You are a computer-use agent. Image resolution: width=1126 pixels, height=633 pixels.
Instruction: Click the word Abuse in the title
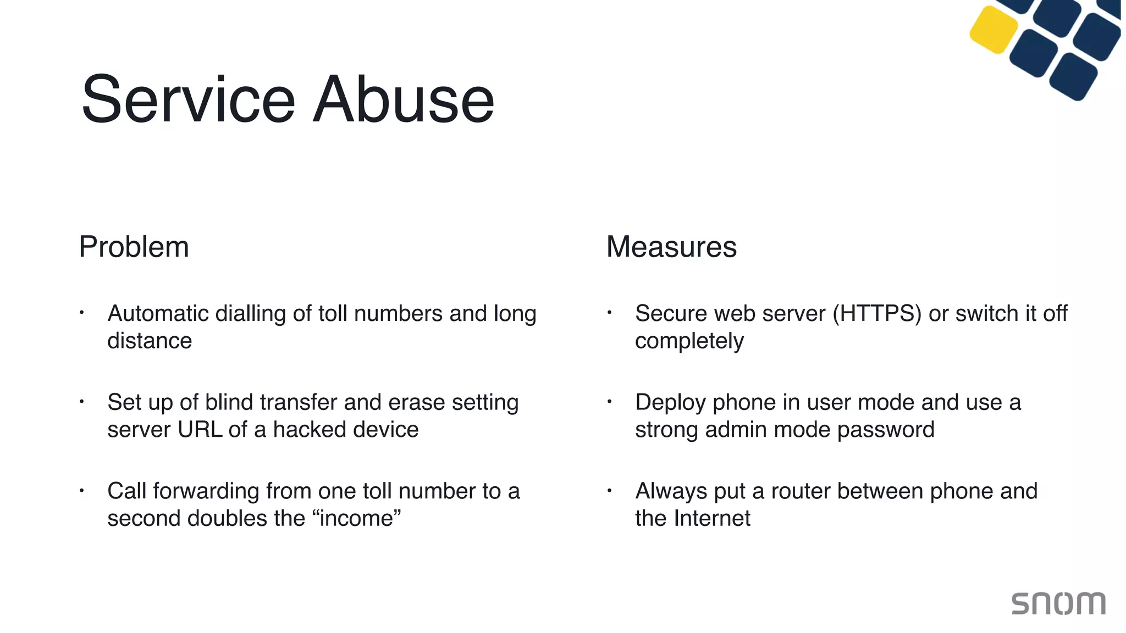pyautogui.click(x=404, y=100)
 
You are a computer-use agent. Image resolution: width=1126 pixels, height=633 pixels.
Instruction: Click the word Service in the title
pyautogui.click(x=189, y=100)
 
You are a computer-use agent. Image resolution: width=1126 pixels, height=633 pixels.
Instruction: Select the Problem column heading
pyautogui.click(x=134, y=247)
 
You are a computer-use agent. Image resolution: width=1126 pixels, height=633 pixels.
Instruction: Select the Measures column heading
pyautogui.click(x=671, y=247)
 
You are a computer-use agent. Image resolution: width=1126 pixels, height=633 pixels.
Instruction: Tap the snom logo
pyautogui.click(x=1058, y=603)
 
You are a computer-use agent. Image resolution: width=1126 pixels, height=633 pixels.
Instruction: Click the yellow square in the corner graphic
pyautogui.click(x=993, y=30)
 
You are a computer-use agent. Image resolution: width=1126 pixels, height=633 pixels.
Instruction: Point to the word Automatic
pyautogui.click(x=158, y=314)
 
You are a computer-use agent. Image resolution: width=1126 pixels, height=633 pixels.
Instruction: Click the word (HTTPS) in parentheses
pyautogui.click(x=876, y=314)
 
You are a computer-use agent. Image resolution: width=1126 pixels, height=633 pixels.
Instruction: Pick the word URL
pyautogui.click(x=200, y=430)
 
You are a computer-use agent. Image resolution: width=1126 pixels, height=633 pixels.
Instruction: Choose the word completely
pyautogui.click(x=689, y=341)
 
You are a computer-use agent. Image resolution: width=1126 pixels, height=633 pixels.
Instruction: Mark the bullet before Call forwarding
pyautogui.click(x=81, y=490)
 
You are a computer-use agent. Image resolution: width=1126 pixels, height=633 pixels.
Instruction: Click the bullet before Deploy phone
pyautogui.click(x=609, y=402)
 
